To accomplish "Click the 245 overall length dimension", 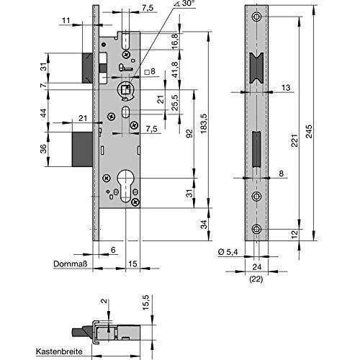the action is [310, 131].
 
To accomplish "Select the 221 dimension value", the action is [294, 140].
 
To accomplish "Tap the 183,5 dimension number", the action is [204, 124].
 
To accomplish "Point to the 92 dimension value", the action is [190, 135].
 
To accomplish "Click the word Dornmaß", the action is [70, 264].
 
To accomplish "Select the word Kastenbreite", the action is [59, 351].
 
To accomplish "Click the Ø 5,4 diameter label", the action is [228, 252].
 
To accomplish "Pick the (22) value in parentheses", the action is [256, 279].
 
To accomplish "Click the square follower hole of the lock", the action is [125, 90].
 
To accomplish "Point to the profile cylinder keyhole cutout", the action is [125, 186].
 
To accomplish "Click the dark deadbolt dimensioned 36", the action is [82, 149].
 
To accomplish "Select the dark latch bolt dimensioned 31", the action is [87, 68].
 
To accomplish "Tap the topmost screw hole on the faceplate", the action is [256, 17].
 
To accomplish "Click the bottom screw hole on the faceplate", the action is [256, 229].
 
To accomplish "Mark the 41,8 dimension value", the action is [175, 70].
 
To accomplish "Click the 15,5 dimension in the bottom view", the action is [145, 303].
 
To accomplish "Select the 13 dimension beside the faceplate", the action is [286, 88].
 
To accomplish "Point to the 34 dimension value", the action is [204, 225].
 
